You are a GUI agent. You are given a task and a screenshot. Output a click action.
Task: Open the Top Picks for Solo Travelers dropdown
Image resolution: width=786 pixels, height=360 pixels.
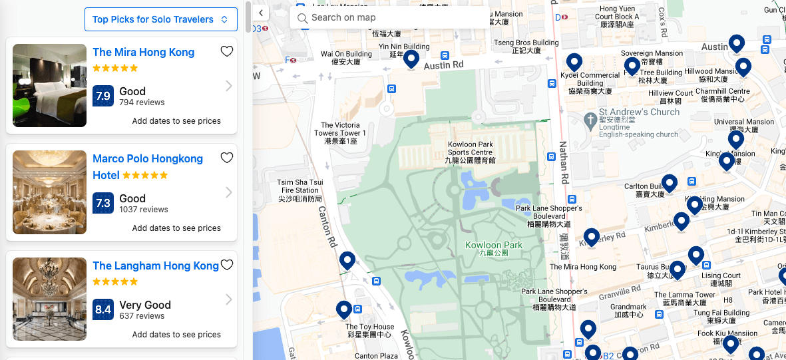point(160,19)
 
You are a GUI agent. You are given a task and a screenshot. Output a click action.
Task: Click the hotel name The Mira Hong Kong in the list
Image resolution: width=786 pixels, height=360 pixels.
point(144,52)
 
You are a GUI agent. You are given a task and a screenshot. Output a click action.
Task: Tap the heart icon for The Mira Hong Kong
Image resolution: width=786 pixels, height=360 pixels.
point(227,51)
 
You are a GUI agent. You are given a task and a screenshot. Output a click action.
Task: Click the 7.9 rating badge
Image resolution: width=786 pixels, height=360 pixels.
point(103,96)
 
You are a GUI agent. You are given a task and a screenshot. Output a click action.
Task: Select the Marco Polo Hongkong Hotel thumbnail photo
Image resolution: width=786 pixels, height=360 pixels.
point(49,192)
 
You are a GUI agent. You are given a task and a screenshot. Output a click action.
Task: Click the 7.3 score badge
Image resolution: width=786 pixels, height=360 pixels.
point(103,203)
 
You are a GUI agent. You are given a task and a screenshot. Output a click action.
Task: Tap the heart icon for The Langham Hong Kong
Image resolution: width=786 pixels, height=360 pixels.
point(227,265)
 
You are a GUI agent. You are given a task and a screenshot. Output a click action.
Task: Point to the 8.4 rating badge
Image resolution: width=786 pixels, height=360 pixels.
point(103,309)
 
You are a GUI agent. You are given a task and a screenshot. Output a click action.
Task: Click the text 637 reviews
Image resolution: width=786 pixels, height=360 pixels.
point(142,316)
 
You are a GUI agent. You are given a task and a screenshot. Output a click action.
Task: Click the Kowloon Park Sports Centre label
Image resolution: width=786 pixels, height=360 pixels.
point(471,152)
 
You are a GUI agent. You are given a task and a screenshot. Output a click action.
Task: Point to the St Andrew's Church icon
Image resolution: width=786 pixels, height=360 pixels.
point(590,120)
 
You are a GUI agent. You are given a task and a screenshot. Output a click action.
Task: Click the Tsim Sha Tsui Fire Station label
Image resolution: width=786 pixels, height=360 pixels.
point(301,190)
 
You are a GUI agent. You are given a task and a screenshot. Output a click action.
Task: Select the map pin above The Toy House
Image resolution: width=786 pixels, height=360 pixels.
point(344,309)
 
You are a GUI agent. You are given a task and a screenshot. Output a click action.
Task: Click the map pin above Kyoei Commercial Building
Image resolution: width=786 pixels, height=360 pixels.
point(574,61)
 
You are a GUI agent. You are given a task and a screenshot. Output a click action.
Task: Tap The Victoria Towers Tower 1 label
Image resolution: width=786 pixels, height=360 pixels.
point(341,133)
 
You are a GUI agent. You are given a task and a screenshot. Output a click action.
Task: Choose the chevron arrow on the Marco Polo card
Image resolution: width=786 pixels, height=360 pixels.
point(229,192)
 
